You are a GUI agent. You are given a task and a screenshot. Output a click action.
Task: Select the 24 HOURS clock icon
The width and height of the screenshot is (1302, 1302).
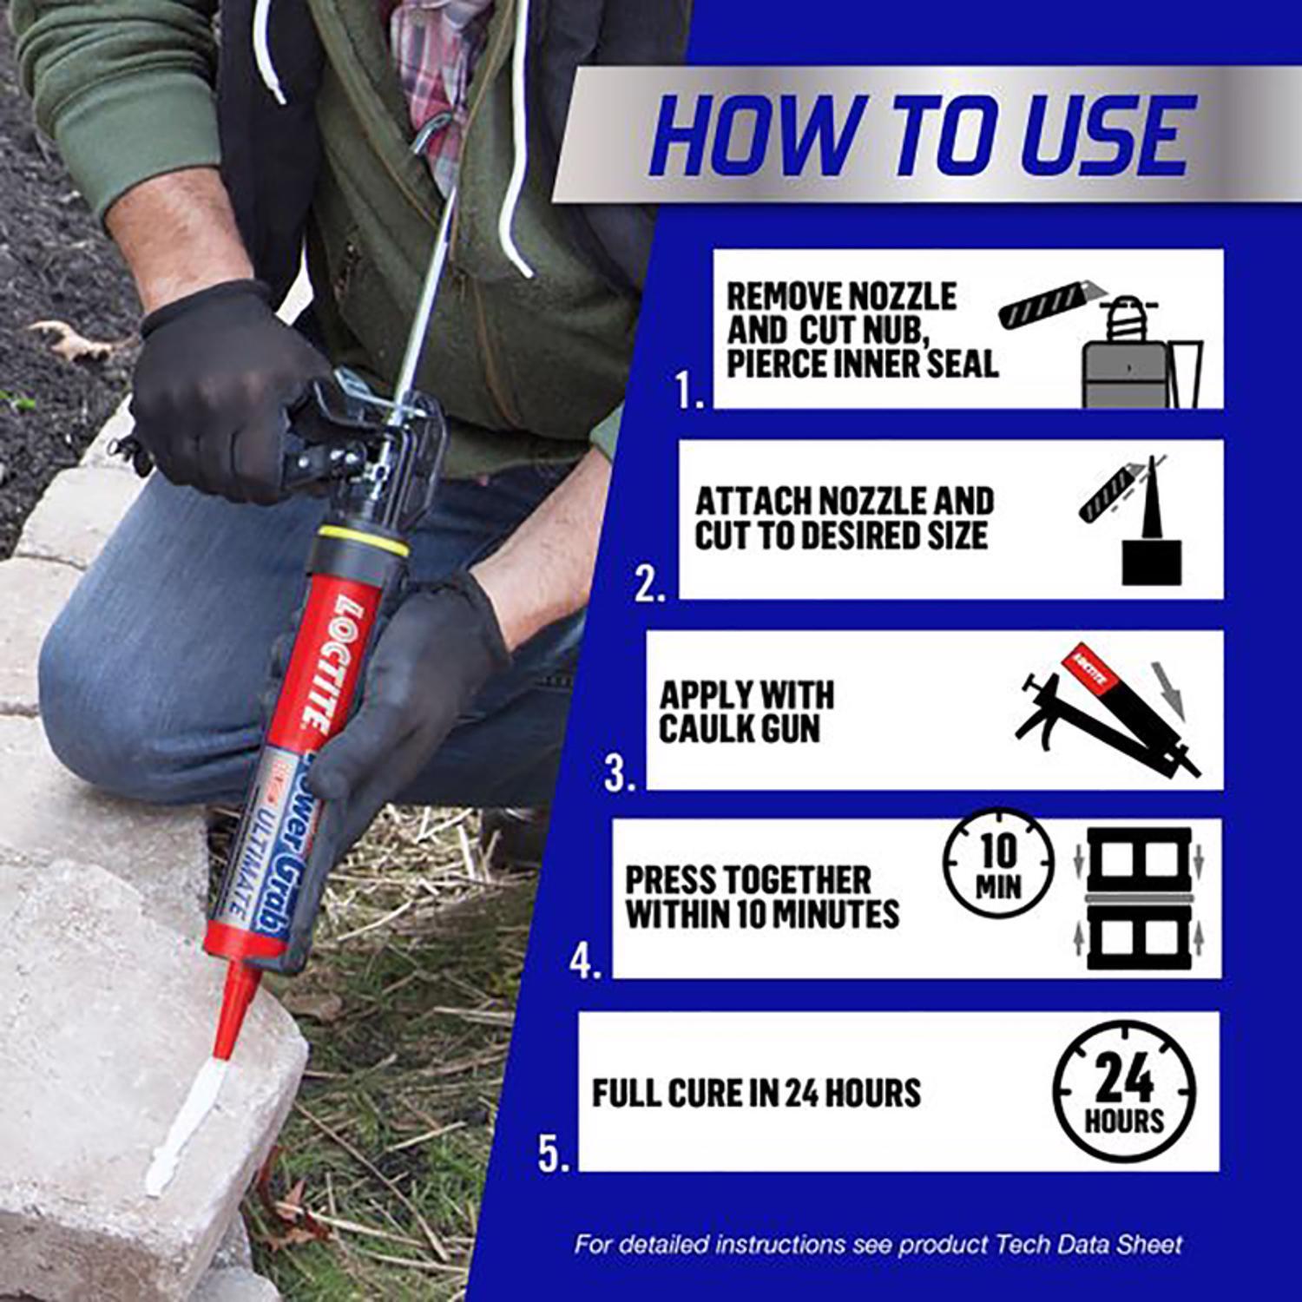coord(1123,1092)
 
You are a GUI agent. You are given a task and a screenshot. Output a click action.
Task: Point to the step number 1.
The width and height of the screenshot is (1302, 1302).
coord(690,392)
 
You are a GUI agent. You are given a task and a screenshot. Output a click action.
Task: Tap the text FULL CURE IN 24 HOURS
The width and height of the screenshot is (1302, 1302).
coord(756,1094)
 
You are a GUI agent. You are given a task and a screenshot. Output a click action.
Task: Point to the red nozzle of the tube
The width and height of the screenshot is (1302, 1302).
coord(236,1007)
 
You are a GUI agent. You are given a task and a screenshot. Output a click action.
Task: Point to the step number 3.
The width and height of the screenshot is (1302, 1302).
coord(619,773)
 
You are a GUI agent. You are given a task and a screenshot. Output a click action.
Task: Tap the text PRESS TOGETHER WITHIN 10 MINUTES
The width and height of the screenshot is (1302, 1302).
coord(762,898)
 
